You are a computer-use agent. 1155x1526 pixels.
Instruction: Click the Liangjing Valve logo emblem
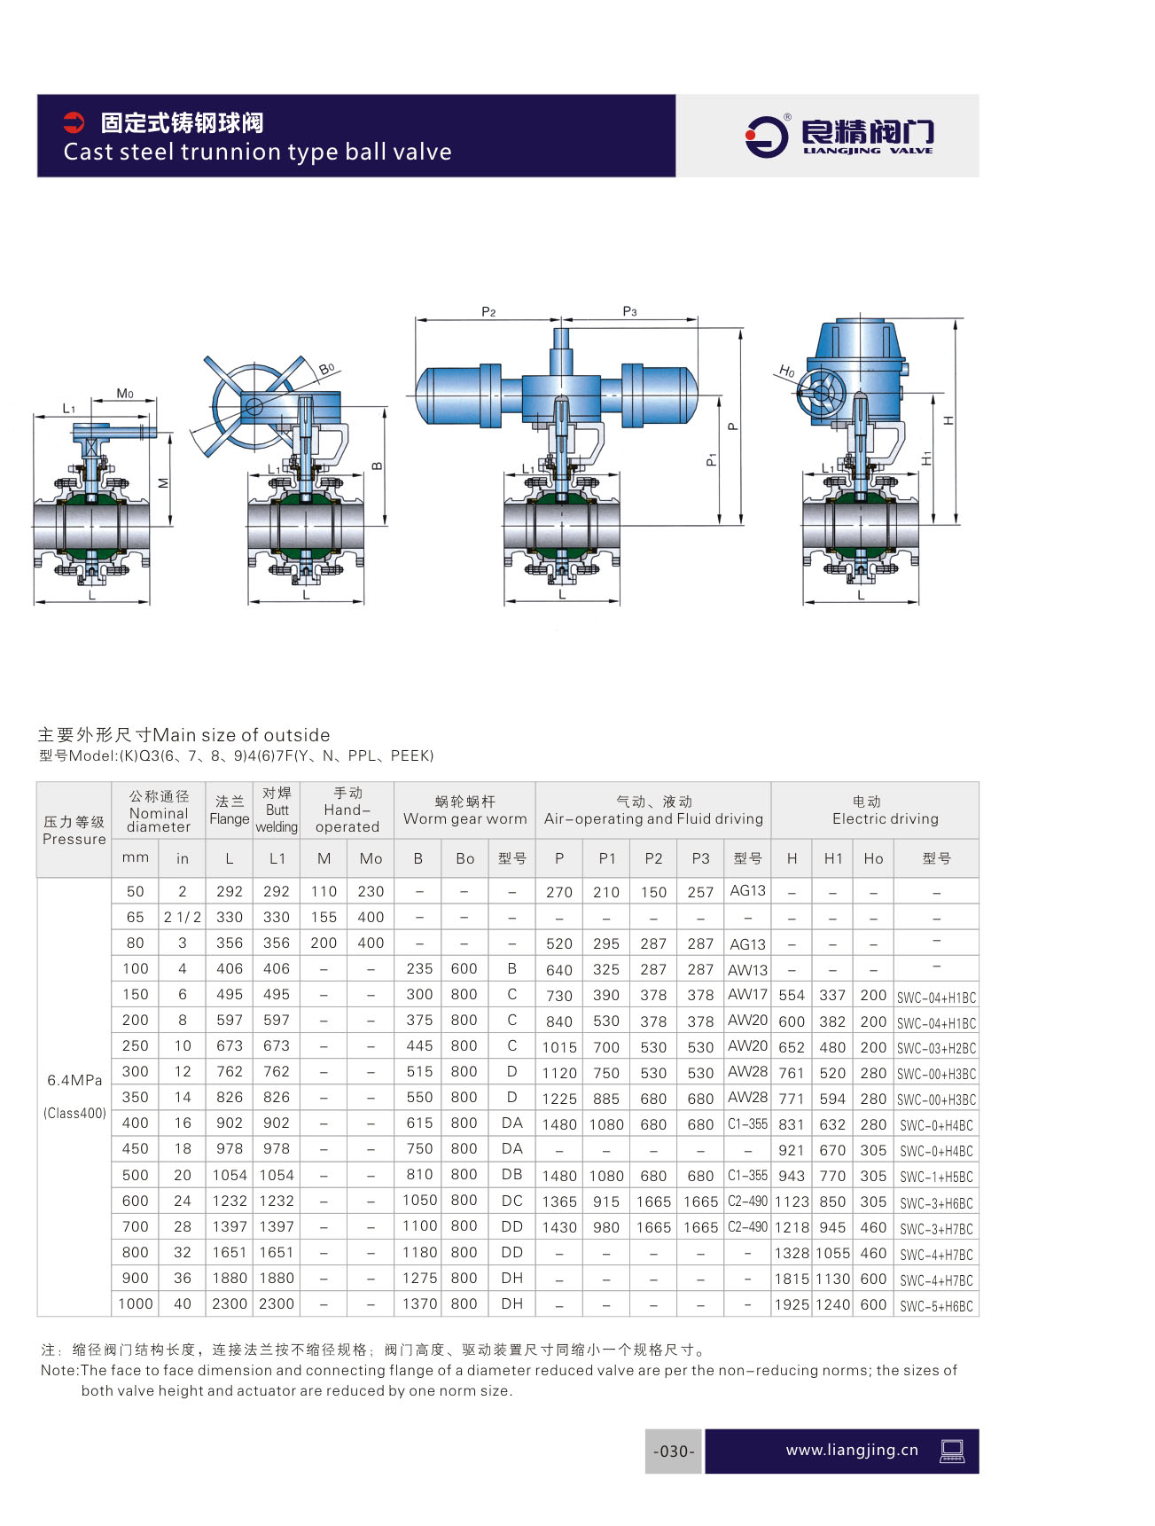[x=766, y=136]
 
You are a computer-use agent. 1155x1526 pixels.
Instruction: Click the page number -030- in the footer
[x=674, y=1451]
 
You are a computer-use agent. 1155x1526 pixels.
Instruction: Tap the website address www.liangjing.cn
[x=852, y=1450]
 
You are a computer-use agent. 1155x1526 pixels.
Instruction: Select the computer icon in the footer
[x=952, y=1451]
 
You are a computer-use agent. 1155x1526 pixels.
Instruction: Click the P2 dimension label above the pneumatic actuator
[x=488, y=311]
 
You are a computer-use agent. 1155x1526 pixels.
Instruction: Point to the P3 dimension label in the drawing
[x=629, y=311]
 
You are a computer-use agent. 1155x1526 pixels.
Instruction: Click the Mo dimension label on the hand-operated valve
[x=125, y=394]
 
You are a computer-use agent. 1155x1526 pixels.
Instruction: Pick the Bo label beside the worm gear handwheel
[x=326, y=368]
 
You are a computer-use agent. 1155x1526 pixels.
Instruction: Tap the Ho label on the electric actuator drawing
[x=786, y=371]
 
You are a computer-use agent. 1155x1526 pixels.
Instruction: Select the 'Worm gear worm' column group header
[x=464, y=810]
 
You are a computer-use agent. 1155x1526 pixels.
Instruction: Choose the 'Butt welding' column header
[x=277, y=810]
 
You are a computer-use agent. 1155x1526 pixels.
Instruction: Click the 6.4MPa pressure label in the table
[x=74, y=1080]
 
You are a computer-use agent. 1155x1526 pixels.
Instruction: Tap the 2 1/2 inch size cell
[x=182, y=917]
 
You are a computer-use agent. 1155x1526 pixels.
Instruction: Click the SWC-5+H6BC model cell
[x=936, y=1305]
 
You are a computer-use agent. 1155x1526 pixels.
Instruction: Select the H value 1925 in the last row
[x=792, y=1304]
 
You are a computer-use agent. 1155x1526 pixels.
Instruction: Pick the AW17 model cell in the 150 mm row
[x=747, y=995]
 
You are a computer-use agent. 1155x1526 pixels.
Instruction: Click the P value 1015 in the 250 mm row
[x=559, y=1047]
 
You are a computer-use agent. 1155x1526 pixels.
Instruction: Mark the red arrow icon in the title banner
[x=74, y=122]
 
